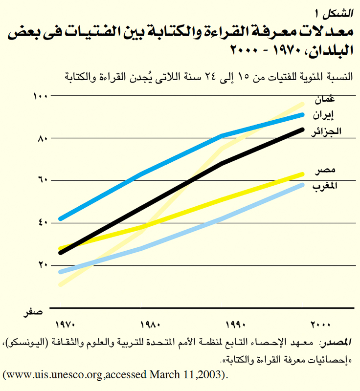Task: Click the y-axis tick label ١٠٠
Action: coord(39,96)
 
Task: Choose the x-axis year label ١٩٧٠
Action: coord(65,325)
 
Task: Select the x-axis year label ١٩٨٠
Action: coord(150,325)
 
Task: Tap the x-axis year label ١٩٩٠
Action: coord(235,325)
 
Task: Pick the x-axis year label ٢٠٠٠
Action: coord(321,325)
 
